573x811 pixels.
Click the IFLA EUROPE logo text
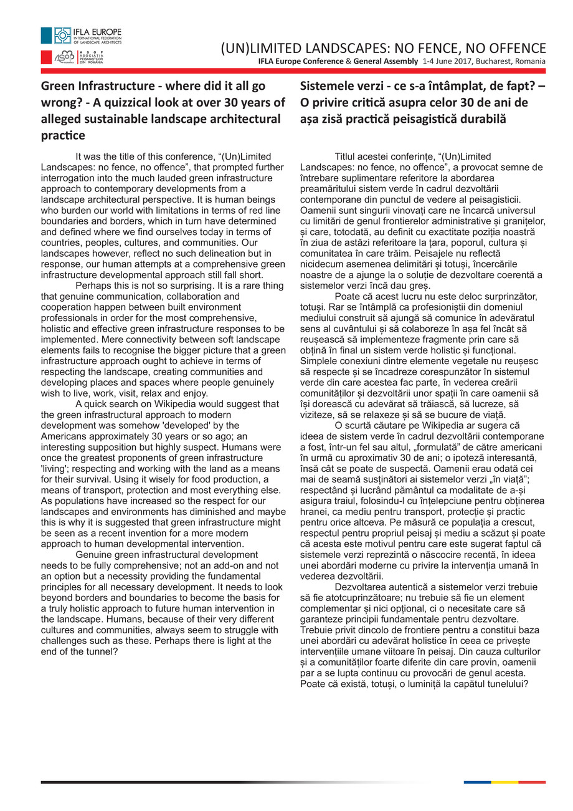(105, 31)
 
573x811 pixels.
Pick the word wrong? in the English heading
(61, 102)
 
